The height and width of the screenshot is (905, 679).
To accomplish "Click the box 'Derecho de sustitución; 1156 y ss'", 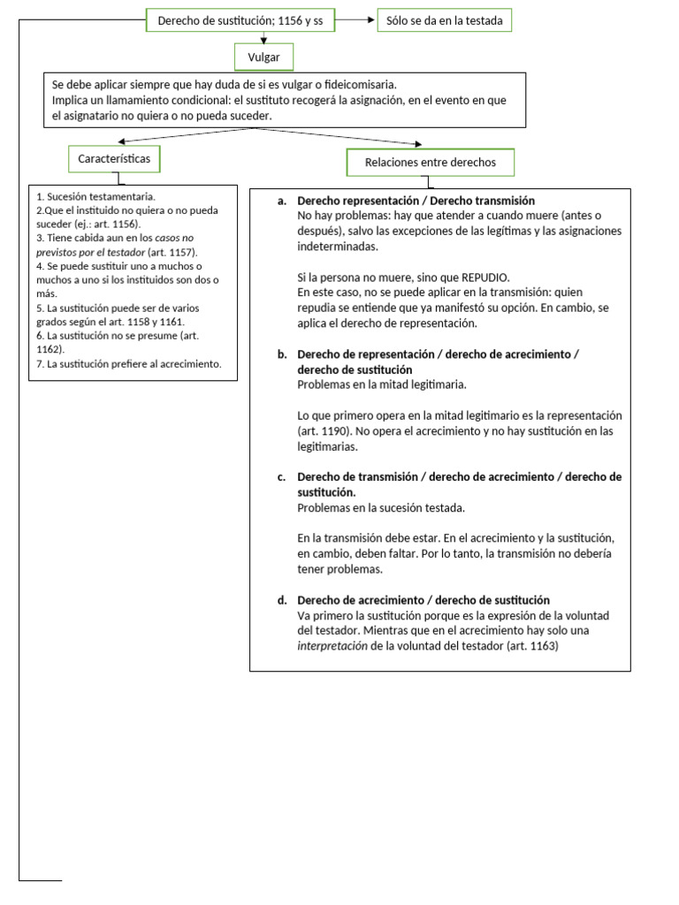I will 240,20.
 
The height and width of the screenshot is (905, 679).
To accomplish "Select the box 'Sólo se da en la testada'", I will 444,20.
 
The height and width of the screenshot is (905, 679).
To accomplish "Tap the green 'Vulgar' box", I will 263,58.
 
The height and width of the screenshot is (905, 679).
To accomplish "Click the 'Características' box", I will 115,159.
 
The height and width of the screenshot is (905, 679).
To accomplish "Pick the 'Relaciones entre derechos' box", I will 431,163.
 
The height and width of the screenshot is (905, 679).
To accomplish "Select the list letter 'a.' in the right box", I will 282,202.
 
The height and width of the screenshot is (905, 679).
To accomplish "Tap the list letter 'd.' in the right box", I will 282,600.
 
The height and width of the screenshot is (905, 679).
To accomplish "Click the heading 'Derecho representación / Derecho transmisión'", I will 416,202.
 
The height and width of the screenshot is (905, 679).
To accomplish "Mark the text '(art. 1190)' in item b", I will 325,431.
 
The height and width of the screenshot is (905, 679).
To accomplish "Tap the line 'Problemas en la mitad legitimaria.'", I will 382,384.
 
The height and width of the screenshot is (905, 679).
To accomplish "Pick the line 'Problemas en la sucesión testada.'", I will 381,508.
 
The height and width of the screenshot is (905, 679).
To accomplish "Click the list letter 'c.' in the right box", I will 282,477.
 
